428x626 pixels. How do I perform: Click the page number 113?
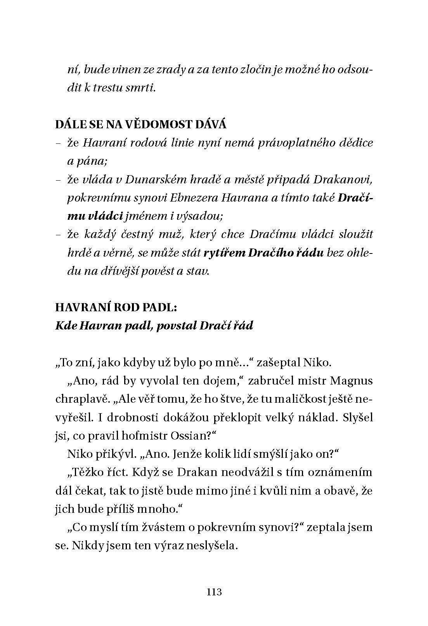[214, 592]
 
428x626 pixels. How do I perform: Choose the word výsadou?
[201, 216]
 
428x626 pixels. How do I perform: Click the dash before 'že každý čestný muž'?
[58, 235]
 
